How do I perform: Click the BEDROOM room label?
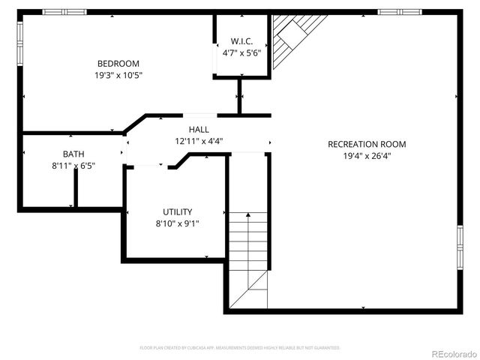[x=118, y=64]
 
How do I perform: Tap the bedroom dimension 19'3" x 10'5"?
[x=118, y=75]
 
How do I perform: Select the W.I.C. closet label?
[x=241, y=42]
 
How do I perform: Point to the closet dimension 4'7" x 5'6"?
[x=241, y=53]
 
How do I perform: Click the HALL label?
[x=199, y=129]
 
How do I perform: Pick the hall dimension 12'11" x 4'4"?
[x=199, y=140]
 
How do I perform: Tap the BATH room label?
[x=73, y=154]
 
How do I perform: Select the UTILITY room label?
[x=178, y=211]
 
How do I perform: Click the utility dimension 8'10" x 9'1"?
[x=178, y=223]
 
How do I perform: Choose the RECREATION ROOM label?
[x=367, y=144]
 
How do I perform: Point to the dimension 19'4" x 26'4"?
[x=367, y=156]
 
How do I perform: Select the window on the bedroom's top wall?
[x=64, y=12]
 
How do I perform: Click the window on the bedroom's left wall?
[x=20, y=42]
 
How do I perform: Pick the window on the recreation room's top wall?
[x=398, y=12]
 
